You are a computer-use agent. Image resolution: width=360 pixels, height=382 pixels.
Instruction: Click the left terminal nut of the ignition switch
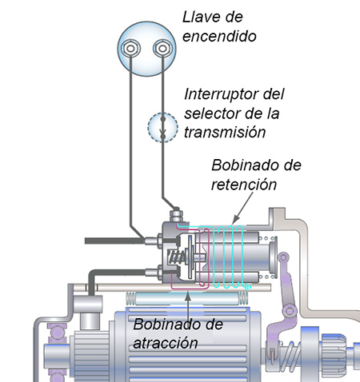click(x=130, y=49)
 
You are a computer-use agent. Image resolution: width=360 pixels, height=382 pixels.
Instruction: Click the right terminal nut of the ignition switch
click(x=162, y=49)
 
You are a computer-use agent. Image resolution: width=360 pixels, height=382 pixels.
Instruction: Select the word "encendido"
click(x=219, y=36)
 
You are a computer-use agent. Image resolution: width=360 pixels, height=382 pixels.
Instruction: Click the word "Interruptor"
click(x=222, y=94)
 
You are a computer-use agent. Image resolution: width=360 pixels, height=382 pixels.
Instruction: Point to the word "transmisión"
click(x=225, y=133)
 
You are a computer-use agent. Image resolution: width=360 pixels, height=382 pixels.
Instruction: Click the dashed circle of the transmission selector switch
click(x=162, y=128)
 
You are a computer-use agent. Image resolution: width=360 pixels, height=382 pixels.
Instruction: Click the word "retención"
click(x=244, y=185)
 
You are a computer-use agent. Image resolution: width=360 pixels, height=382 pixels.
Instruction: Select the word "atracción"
click(x=166, y=343)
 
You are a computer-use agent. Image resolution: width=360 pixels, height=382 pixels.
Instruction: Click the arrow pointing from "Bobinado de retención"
click(x=242, y=209)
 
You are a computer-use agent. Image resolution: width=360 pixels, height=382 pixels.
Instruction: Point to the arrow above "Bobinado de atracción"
click(x=188, y=306)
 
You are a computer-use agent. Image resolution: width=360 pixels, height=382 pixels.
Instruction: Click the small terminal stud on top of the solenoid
click(x=176, y=214)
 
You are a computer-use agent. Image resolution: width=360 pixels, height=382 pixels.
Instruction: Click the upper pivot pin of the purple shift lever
click(x=283, y=257)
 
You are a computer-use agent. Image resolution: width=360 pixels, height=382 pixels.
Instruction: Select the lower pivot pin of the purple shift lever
click(x=290, y=311)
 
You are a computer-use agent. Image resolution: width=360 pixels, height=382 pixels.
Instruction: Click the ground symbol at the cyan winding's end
click(x=248, y=287)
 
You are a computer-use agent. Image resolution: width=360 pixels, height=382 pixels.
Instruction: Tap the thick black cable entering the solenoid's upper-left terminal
click(x=115, y=241)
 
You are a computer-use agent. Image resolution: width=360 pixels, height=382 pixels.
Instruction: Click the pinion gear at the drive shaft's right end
click(x=334, y=352)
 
